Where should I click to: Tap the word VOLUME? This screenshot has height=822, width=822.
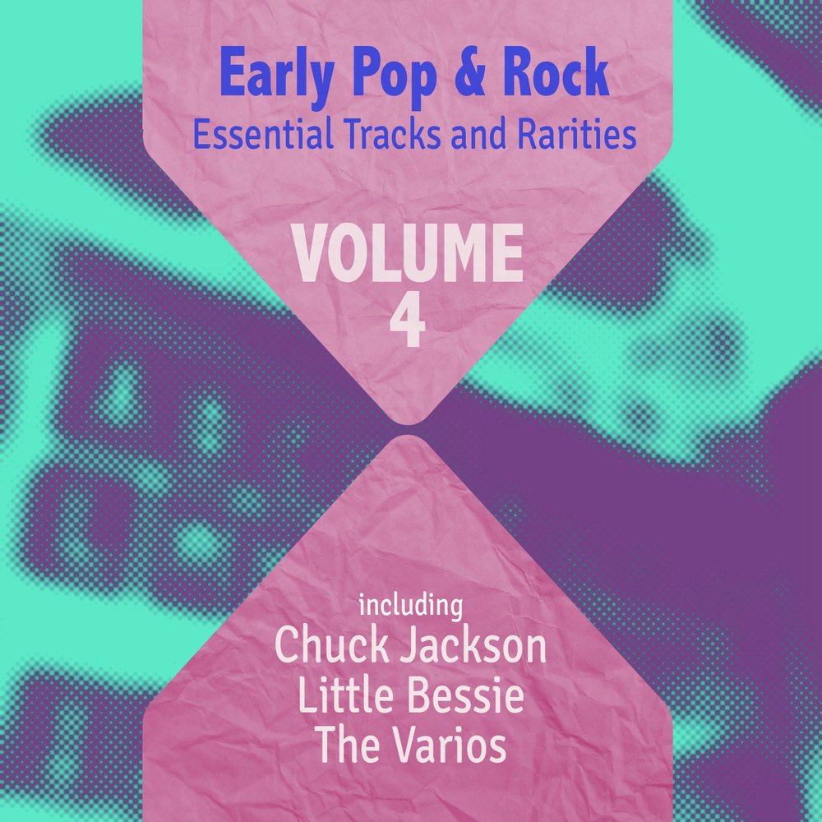[409, 256]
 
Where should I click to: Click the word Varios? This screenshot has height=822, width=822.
[449, 746]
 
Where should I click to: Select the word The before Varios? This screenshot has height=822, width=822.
[346, 746]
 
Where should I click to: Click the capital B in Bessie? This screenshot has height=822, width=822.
[413, 698]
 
